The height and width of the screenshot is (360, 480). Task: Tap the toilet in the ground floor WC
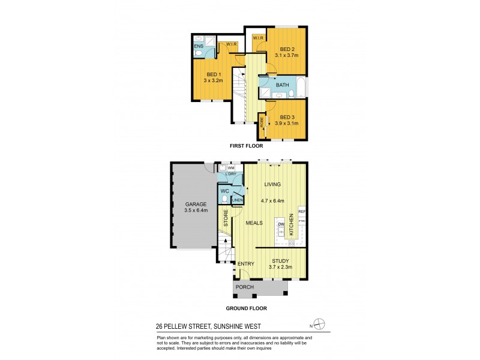[226, 197]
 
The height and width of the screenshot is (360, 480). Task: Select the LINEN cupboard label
[238, 200]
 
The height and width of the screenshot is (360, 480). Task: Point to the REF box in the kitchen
[302, 212]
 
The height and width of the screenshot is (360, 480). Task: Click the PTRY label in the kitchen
[302, 222]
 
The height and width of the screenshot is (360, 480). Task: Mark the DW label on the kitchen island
[280, 224]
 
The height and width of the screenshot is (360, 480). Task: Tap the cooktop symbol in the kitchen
[292, 242]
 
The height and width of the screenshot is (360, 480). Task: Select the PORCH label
[245, 287]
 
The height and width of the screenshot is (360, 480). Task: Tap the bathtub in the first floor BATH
[300, 90]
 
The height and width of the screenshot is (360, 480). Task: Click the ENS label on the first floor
[198, 46]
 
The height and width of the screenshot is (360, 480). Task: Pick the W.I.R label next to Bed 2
[258, 38]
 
